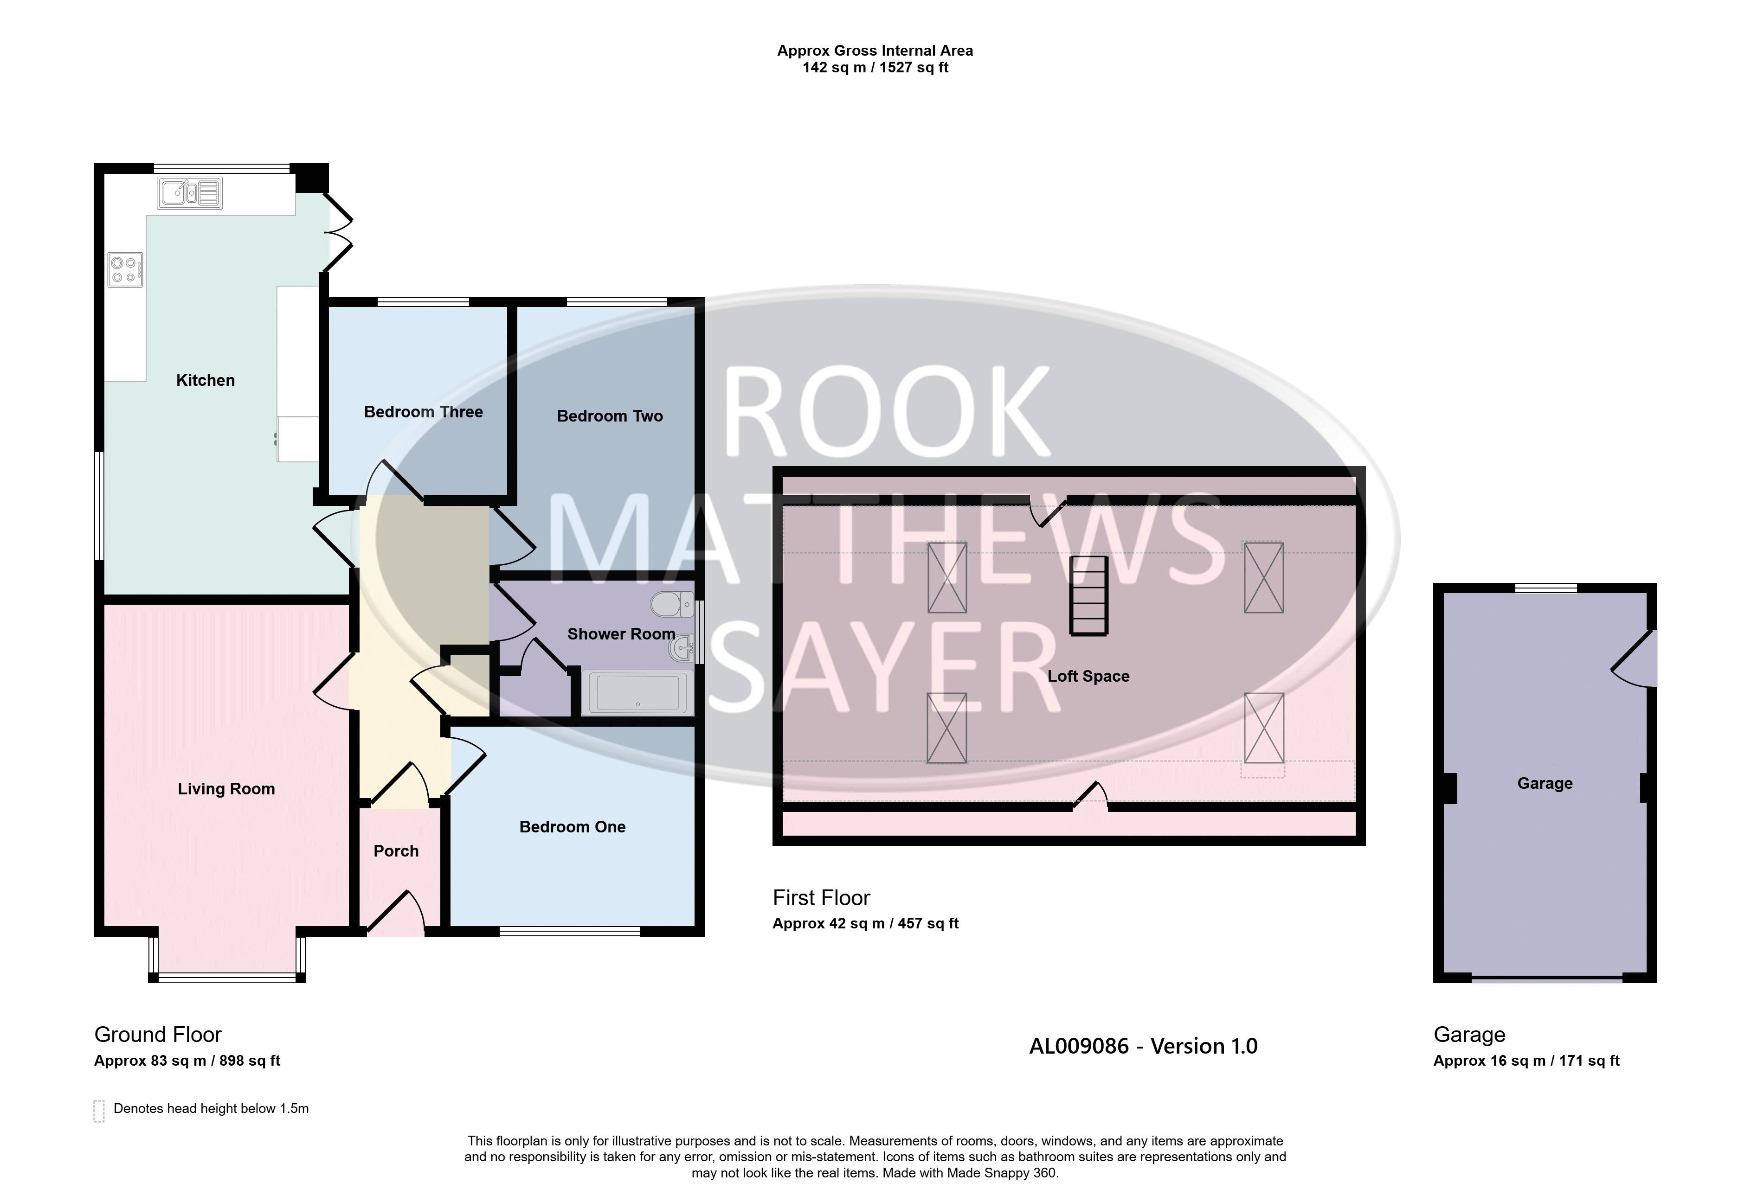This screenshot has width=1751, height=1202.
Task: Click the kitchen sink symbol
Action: (x=190, y=193)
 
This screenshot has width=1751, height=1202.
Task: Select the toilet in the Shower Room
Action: (x=673, y=604)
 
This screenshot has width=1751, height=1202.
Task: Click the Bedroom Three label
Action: (x=424, y=412)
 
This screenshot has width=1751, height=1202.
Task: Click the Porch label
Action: (x=396, y=851)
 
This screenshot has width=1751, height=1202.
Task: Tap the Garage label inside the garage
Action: (x=1545, y=783)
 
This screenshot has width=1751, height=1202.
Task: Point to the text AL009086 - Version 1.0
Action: (x=1143, y=1046)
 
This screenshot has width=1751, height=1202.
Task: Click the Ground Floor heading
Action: (x=158, y=1035)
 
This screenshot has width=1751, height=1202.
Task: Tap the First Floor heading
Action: (x=821, y=898)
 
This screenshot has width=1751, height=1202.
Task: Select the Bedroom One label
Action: (x=573, y=827)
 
